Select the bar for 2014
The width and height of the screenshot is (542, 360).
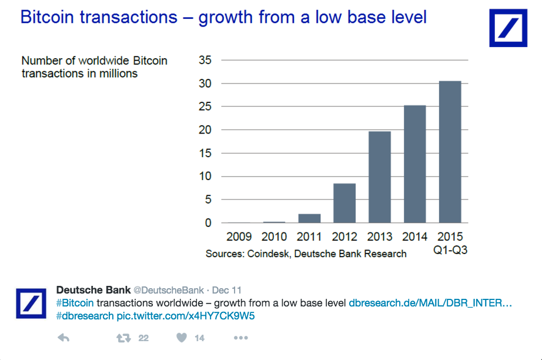tap(414, 164)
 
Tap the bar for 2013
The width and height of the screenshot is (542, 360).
tap(379, 177)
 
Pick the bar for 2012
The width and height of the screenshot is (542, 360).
tap(344, 203)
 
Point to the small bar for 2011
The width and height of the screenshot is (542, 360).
tap(309, 218)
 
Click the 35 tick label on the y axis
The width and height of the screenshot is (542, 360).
tap(205, 60)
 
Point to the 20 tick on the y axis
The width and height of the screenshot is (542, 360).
tap(205, 130)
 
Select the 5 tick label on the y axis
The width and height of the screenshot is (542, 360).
tap(208, 200)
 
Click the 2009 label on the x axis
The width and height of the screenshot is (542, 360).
tap(239, 237)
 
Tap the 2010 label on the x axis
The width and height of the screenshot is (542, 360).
tap(274, 237)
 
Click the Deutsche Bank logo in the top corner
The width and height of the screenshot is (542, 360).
tap(508, 28)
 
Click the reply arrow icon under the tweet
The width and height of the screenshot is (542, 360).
tap(63, 338)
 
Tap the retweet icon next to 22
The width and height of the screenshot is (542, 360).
tap(123, 338)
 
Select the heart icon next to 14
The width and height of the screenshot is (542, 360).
tap(182, 338)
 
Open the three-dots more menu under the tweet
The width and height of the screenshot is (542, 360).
tap(242, 338)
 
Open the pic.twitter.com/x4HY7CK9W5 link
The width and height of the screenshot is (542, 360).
tap(186, 316)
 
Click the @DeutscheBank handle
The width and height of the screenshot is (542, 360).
tap(169, 291)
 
